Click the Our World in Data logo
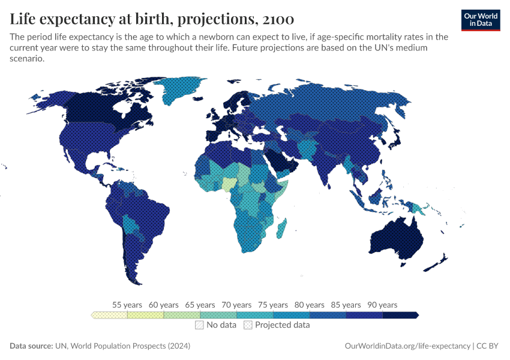pos(480,20)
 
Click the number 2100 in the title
pos(277,20)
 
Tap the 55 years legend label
pos(127,305)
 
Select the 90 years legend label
pos(382,305)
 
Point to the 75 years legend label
pos(273,305)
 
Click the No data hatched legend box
pos(199,325)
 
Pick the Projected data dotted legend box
pos(248,325)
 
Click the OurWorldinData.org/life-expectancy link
pos(408,346)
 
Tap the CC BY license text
pos(489,346)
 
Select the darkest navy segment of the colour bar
pos(400,315)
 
